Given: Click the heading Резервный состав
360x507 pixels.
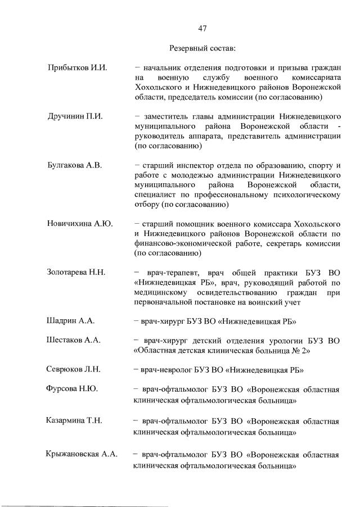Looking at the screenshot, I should click(204, 48).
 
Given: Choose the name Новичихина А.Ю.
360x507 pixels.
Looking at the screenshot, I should click(80, 224).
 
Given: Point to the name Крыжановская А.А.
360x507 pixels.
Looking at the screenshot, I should click(82, 454).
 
